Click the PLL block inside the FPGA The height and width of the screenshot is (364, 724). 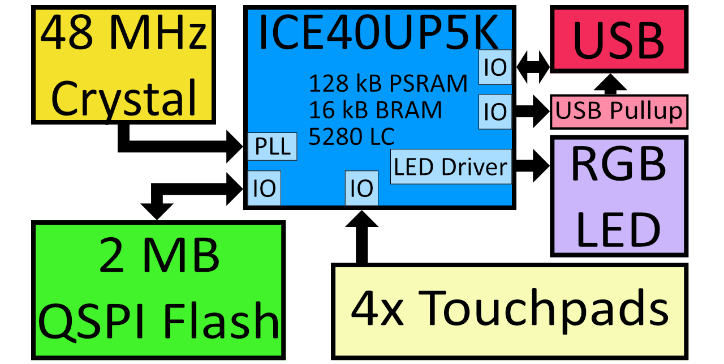[273, 147]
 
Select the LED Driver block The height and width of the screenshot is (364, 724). [451, 167]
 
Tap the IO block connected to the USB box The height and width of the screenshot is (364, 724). [495, 67]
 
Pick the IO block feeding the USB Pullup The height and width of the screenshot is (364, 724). [495, 112]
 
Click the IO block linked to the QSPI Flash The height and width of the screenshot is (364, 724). [264, 188]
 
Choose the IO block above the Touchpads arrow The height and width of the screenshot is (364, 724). [361, 188]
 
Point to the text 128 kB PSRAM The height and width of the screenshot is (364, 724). [388, 84]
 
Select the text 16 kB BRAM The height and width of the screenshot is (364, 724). [375, 110]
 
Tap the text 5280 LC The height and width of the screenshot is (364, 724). [351, 136]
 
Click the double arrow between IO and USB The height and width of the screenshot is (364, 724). [531, 67]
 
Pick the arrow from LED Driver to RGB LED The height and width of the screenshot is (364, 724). [532, 167]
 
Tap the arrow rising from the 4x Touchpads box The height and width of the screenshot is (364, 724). [361, 238]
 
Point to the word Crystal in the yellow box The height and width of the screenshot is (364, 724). [124, 97]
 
